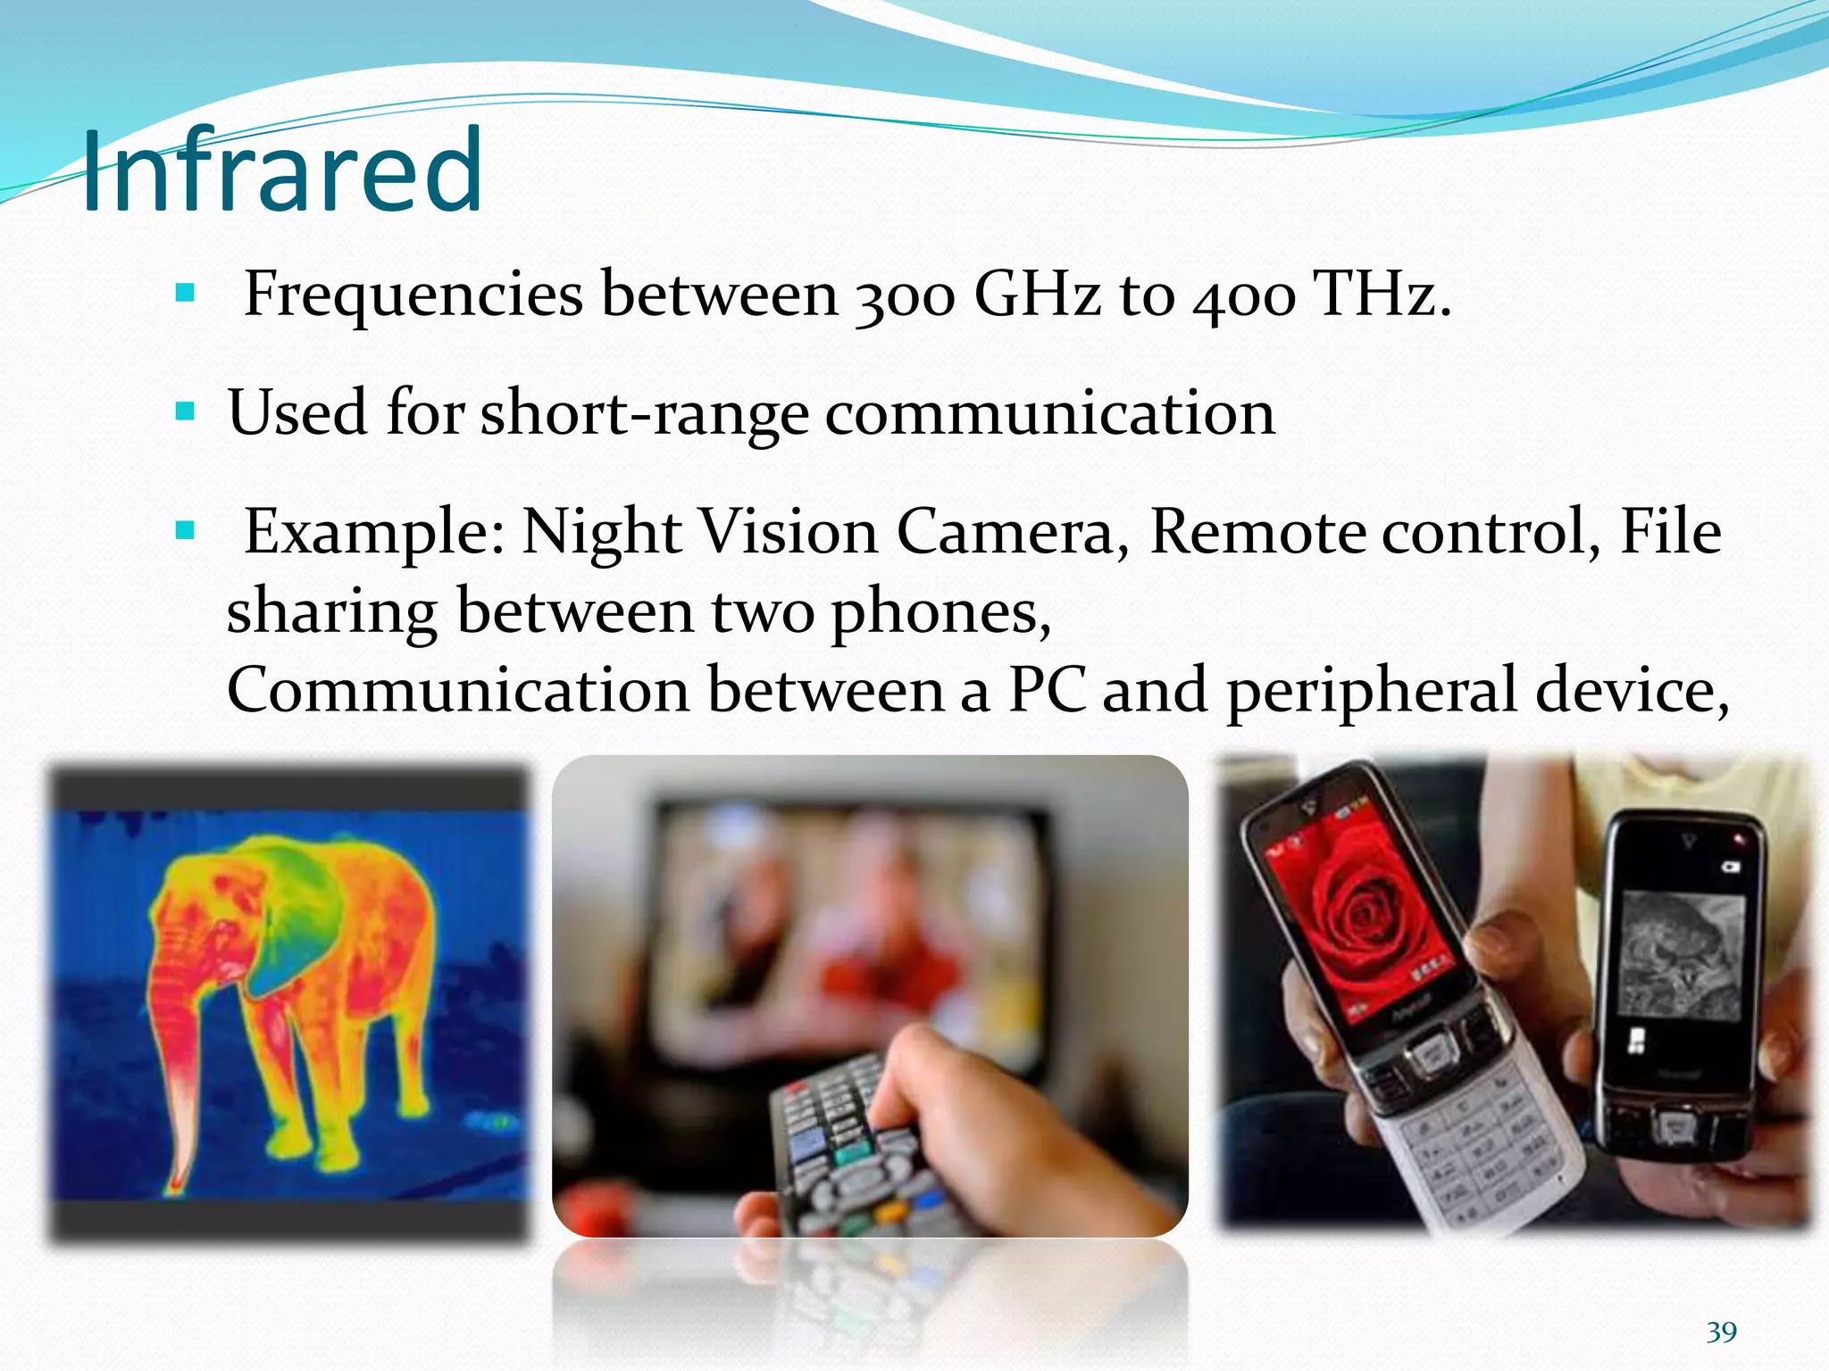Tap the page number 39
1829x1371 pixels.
pyautogui.click(x=1721, y=1332)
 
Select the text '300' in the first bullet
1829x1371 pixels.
pyautogui.click(x=904, y=295)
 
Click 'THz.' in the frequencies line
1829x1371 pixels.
pyautogui.click(x=1382, y=294)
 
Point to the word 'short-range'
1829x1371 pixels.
pyautogui.click(x=644, y=413)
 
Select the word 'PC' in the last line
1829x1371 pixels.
pyautogui.click(x=1047, y=691)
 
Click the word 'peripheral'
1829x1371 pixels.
pyautogui.click(x=1372, y=693)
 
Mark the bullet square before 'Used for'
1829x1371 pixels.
pyautogui.click(x=185, y=412)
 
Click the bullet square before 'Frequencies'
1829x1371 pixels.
pyautogui.click(x=185, y=293)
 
